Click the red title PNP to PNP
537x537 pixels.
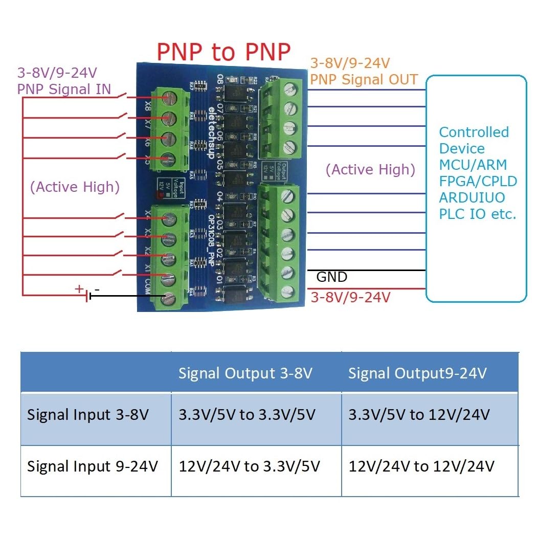223,52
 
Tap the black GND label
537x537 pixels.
331,277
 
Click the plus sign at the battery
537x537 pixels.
79,289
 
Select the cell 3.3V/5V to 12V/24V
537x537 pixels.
419,414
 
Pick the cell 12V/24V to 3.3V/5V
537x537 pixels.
250,466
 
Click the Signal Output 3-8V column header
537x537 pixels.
245,373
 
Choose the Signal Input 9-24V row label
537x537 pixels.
92,466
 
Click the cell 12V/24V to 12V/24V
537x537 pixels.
421,466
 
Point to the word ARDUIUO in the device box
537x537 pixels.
472,197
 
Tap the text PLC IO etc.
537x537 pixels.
478,214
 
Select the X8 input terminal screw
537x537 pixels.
167,100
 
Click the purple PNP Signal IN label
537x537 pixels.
64,89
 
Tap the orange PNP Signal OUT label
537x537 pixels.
364,79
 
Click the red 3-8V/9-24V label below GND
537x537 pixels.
351,297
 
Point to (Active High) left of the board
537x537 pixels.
75,187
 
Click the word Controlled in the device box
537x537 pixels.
474,132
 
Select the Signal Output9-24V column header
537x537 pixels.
417,373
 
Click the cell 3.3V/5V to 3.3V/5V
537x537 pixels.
248,414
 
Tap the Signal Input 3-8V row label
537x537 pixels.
87,414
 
